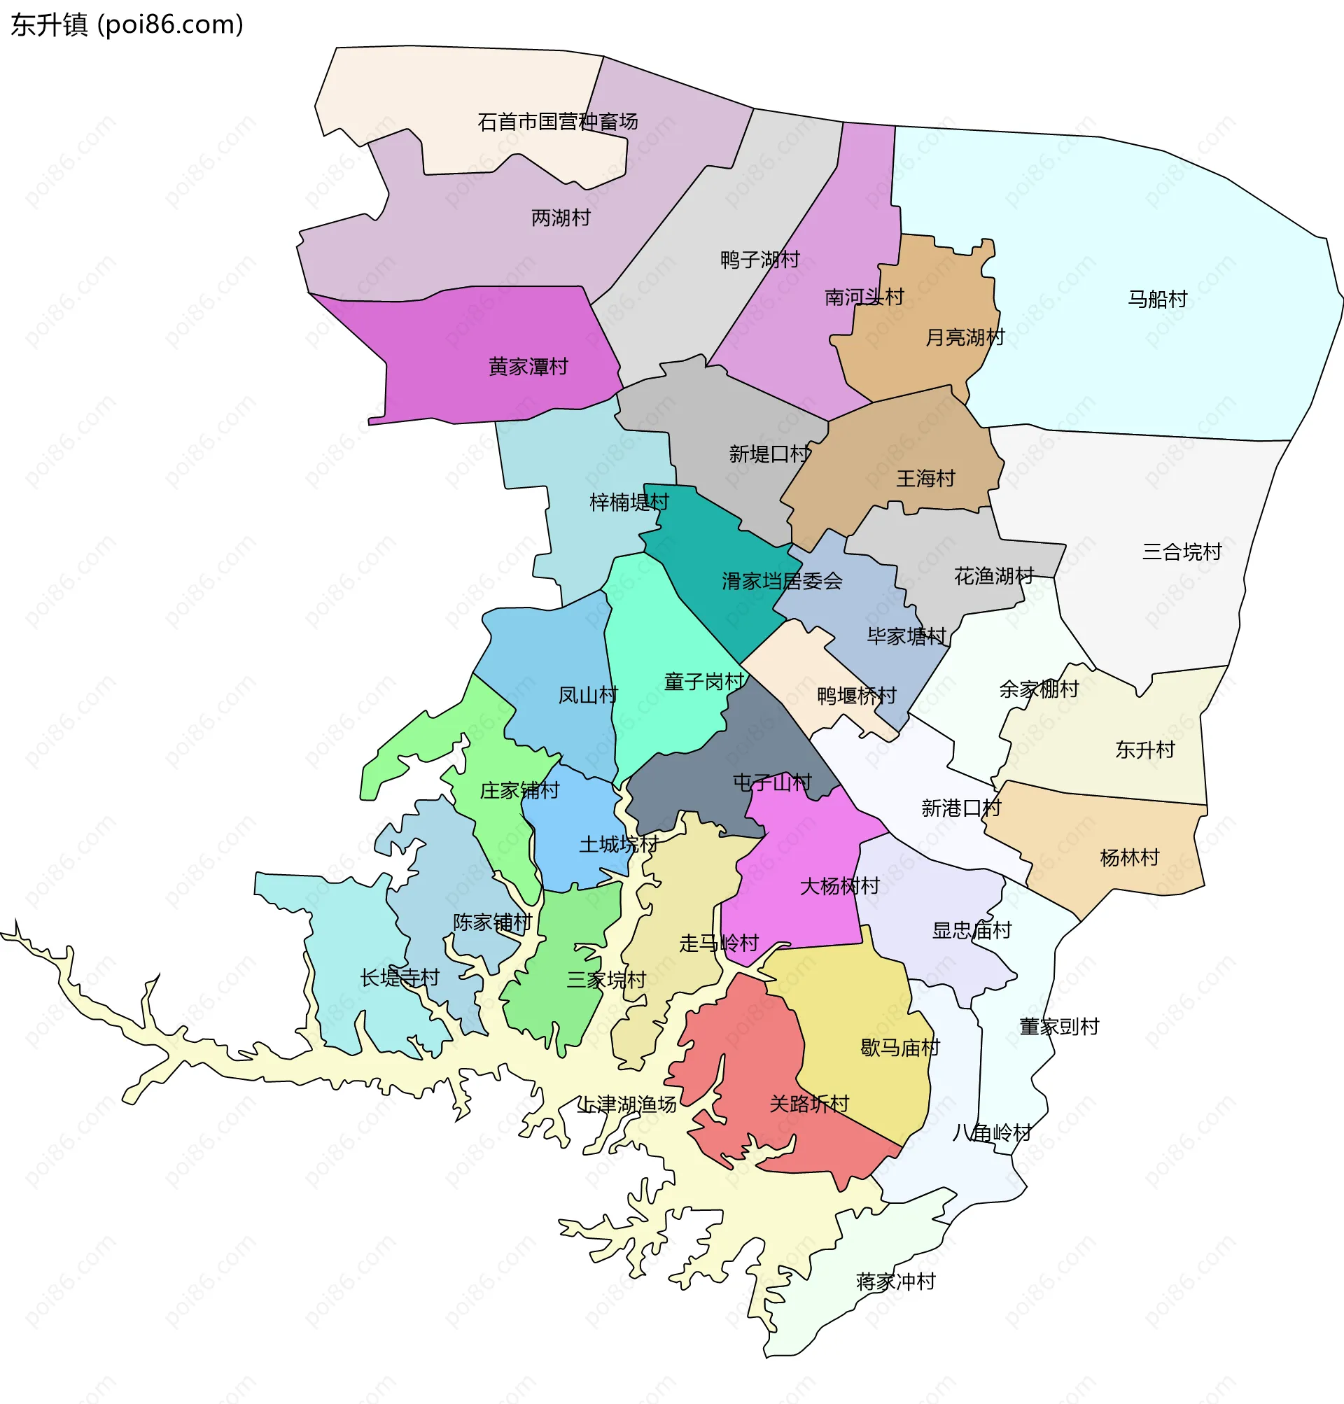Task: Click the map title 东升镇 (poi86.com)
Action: tap(127, 24)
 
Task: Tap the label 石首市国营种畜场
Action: tap(557, 122)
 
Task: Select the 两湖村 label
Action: tap(561, 218)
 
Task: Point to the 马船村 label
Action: tap(1158, 299)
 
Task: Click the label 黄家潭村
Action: tap(528, 367)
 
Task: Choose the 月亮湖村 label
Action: tap(965, 337)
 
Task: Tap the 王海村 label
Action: tap(925, 478)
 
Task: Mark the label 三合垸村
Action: tap(1182, 552)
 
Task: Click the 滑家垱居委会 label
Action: tap(782, 581)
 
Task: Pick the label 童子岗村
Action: tap(704, 681)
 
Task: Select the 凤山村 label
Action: tap(587, 695)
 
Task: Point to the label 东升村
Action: tap(1144, 750)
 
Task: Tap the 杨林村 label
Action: tap(1129, 857)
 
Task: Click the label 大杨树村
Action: tap(839, 886)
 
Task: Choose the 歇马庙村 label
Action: tap(899, 1048)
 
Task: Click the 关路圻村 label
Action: tap(808, 1104)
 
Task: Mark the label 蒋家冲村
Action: tap(895, 1282)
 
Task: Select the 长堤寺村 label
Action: tap(399, 977)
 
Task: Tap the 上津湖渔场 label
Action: tap(627, 1104)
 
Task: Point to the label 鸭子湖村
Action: tap(759, 259)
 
